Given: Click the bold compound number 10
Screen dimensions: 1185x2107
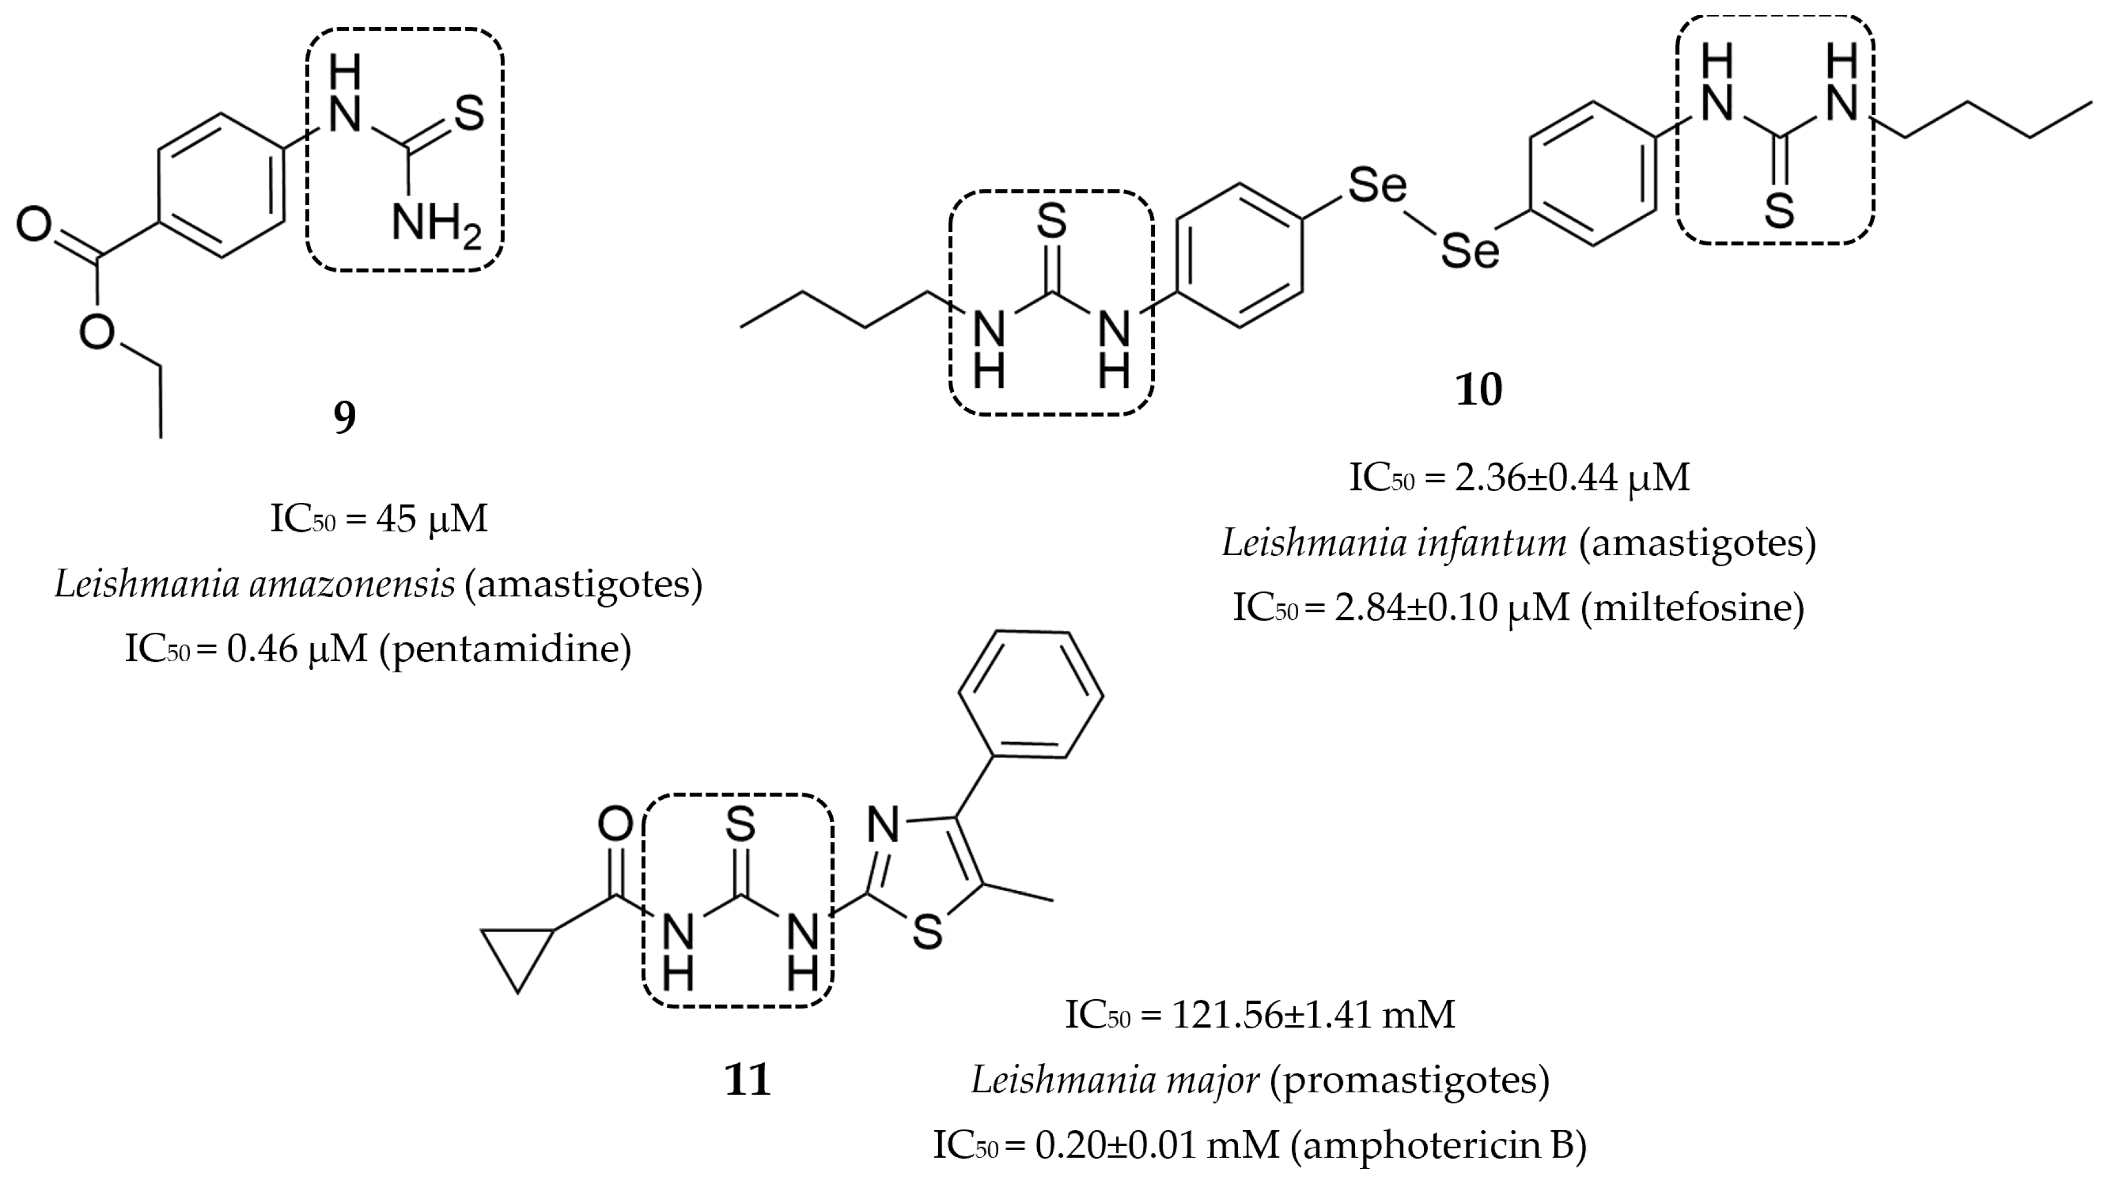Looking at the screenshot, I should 1478,390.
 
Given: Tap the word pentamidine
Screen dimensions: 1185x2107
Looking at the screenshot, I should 505,649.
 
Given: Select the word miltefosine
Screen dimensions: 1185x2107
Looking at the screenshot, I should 1692,607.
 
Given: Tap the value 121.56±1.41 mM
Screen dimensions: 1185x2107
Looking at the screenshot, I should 1314,1015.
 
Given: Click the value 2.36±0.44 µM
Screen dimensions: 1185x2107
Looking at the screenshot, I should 1571,477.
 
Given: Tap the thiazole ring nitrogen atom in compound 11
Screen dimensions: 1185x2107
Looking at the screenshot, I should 882,824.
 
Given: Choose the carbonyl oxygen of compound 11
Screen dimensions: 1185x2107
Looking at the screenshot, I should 615,823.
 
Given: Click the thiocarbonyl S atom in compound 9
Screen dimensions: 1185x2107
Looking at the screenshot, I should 469,113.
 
